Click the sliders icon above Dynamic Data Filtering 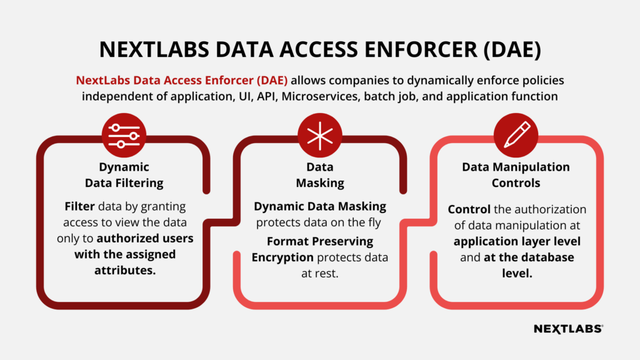tap(124, 135)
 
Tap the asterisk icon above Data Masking tap(319, 135)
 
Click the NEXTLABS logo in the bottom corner tap(568, 329)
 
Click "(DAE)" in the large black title tap(512, 50)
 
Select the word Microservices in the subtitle tap(321, 96)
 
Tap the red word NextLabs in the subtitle tap(103, 80)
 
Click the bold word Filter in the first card tap(79, 206)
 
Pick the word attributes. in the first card tap(125, 270)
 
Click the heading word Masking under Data tap(320, 183)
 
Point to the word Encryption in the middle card tap(282, 257)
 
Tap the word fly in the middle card tap(374, 222)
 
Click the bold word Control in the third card tap(469, 209)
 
